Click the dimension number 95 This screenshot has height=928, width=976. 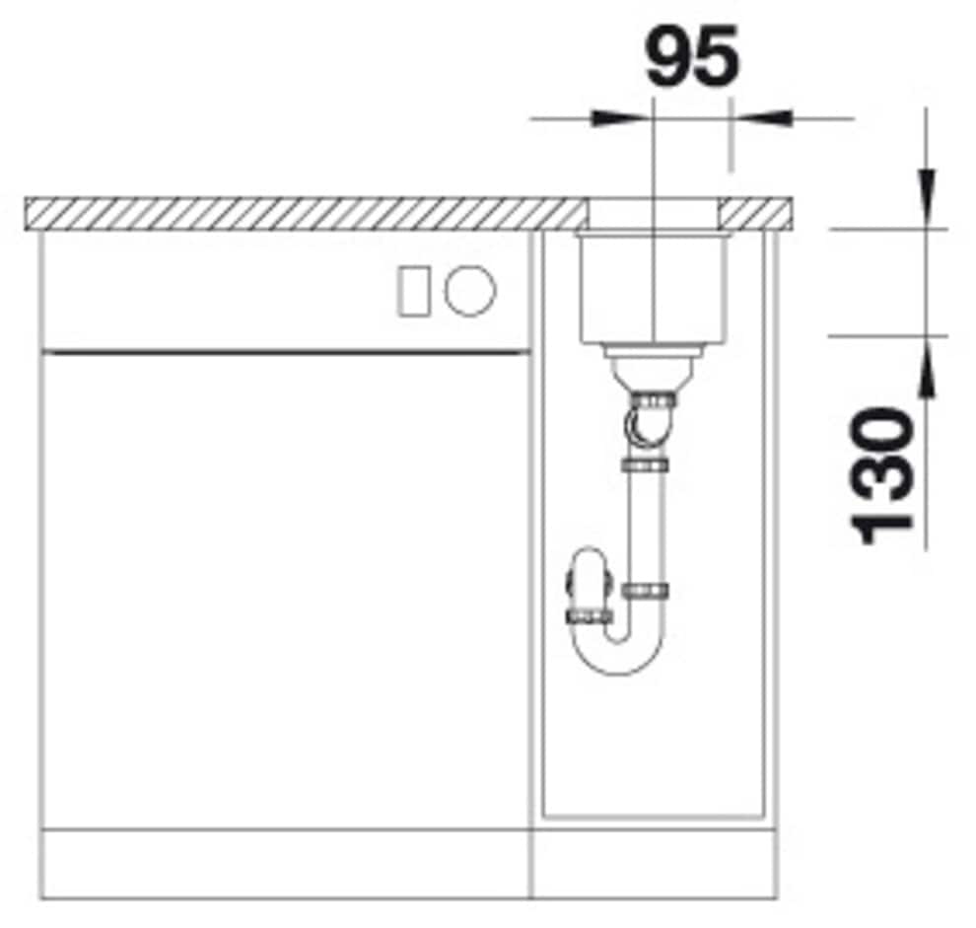(693, 57)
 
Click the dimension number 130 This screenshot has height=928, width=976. (880, 476)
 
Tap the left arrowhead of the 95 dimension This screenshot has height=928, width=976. (616, 118)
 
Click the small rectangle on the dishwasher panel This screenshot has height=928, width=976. (412, 290)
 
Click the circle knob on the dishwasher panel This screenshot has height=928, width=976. (470, 290)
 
